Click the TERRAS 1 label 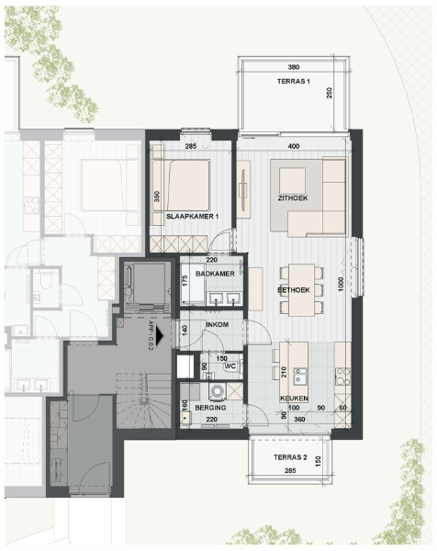[295, 81]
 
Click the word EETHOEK [294, 289]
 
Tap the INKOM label [217, 325]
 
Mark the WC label [230, 365]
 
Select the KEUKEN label [295, 399]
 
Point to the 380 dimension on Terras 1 [294, 68]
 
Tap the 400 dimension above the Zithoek [294, 147]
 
